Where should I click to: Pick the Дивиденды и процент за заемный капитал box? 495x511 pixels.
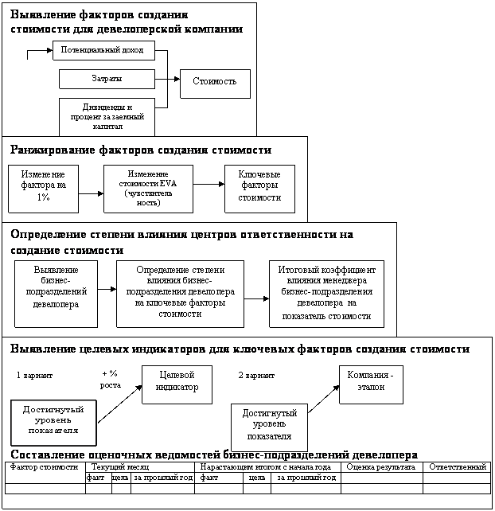pyautogui.click(x=107, y=116)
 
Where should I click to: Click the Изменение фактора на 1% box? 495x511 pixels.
pyautogui.click(x=43, y=188)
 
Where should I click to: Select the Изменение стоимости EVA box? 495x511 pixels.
pyautogui.click(x=148, y=188)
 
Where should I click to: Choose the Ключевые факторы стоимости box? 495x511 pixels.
pyautogui.click(x=259, y=188)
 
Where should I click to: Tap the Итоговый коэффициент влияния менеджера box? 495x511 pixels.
pyautogui.click(x=326, y=293)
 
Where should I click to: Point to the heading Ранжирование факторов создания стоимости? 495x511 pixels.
pyautogui.click(x=141, y=150)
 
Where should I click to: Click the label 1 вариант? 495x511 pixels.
pyautogui.click(x=34, y=374)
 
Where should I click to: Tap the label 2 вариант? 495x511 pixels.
pyautogui.click(x=257, y=374)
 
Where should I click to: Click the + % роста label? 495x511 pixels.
pyautogui.click(x=111, y=379)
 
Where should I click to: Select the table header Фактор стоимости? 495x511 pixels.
pyautogui.click(x=44, y=466)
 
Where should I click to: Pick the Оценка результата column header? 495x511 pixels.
pyautogui.click(x=381, y=466)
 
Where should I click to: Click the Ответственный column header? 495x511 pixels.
pyautogui.click(x=457, y=466)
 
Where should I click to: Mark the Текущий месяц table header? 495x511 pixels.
pyautogui.click(x=121, y=466)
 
